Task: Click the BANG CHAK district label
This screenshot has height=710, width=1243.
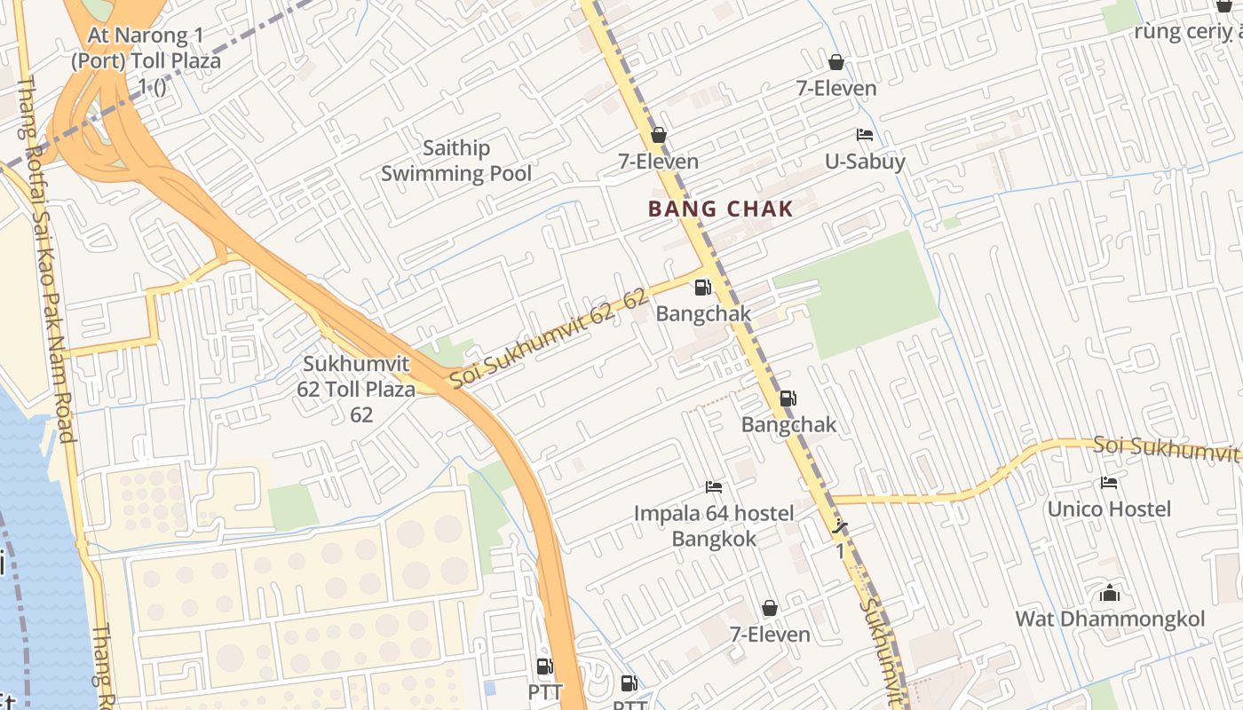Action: tap(720, 209)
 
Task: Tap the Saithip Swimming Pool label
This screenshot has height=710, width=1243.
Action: tap(456, 161)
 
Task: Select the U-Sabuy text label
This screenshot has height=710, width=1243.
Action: tap(865, 162)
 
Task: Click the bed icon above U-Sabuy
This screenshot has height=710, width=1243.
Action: tap(865, 135)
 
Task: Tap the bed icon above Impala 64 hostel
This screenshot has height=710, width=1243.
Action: tap(714, 486)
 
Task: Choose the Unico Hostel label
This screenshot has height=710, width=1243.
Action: tap(1109, 509)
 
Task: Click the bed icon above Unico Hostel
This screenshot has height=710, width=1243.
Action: tap(1109, 483)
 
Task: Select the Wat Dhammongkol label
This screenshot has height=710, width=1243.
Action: tap(1110, 619)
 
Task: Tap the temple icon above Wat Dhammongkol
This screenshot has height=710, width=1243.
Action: tap(1110, 593)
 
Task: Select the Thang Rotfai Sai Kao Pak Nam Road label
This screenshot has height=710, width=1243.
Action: tap(45, 257)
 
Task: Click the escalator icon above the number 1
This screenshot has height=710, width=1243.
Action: tap(840, 528)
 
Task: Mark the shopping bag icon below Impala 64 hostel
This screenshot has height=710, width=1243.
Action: tap(770, 608)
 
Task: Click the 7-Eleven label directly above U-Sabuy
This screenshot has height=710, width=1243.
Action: tap(835, 88)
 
